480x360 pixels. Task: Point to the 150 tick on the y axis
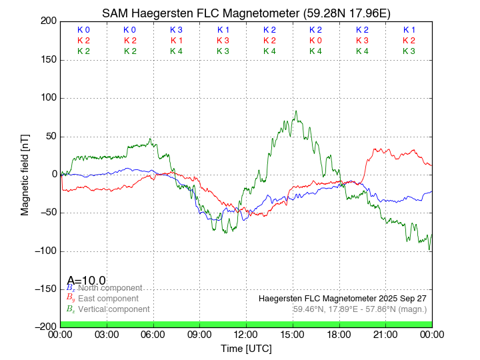tap(48, 60)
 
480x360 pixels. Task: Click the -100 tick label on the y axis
tap(46, 251)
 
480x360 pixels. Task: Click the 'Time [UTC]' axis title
tap(246, 348)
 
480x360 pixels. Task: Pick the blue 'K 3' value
tap(176, 30)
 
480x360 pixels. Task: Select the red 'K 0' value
tap(315, 41)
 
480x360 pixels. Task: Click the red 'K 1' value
tap(176, 41)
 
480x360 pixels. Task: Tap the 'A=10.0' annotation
tap(86, 281)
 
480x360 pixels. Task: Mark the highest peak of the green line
tap(296, 111)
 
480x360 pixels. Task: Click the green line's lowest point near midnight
tap(429, 250)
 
